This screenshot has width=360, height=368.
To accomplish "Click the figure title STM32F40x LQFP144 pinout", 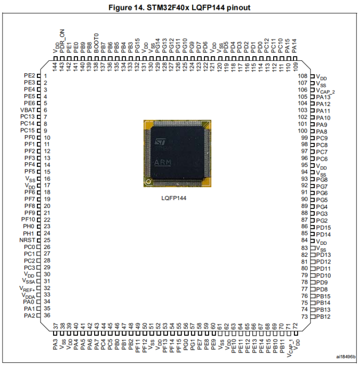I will [179, 7].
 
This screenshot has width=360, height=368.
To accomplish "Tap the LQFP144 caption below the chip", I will [174, 198].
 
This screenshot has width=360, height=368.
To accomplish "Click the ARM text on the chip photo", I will [162, 162].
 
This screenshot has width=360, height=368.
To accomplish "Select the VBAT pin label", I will [28, 110].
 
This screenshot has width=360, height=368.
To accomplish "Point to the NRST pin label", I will [28, 240].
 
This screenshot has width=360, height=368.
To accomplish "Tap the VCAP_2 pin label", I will [326, 91].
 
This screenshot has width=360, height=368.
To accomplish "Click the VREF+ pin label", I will [28, 288].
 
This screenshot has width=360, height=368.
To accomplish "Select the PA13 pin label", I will [323, 97].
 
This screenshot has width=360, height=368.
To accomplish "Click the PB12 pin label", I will [323, 317].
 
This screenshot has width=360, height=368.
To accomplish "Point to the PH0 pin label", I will [29, 227].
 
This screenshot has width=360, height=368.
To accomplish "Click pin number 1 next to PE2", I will [46, 76].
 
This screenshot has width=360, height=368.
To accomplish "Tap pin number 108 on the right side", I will [302, 76].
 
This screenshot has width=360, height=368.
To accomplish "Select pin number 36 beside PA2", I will [47, 315].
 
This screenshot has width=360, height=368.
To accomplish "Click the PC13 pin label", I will [28, 117].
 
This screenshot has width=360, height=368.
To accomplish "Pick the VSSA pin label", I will [28, 281].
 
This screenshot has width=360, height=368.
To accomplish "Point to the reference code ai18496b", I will [345, 357].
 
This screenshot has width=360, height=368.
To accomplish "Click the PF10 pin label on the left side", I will [28, 219].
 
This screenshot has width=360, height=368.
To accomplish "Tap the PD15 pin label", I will [323, 227].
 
